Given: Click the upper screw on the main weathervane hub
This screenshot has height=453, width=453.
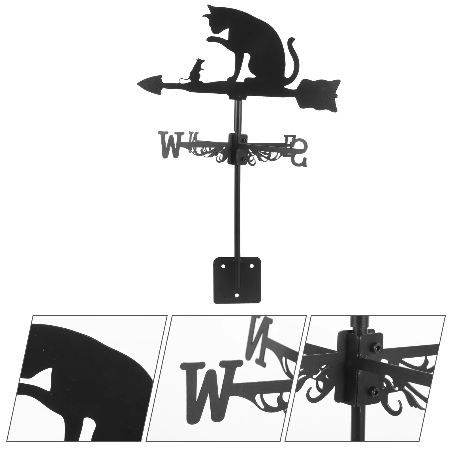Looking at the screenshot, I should [x=243, y=140].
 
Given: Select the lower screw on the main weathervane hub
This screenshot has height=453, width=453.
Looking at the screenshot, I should [x=243, y=160].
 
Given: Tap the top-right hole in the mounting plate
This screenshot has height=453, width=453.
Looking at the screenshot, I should [x=251, y=266].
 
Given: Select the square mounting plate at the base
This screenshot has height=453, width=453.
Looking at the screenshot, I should [x=237, y=280].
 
